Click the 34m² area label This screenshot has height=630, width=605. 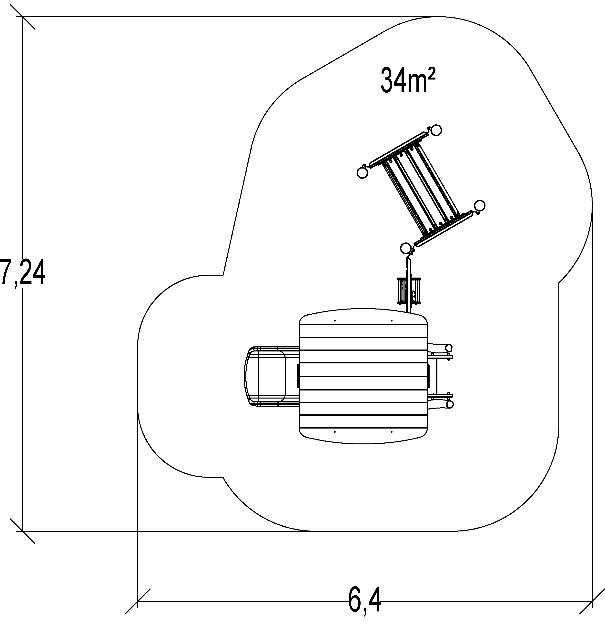click(x=408, y=80)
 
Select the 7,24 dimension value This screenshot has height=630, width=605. click(x=22, y=273)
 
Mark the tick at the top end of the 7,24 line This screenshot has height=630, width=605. click(x=22, y=16)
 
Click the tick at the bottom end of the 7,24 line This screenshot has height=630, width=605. click(x=22, y=531)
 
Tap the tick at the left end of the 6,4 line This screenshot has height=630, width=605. click(x=138, y=601)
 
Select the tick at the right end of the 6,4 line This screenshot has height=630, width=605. click(x=592, y=601)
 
